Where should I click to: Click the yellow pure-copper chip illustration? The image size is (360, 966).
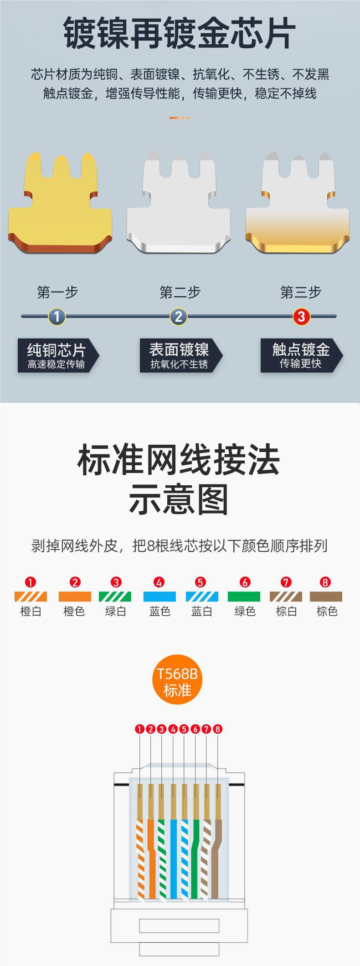click(x=60, y=205)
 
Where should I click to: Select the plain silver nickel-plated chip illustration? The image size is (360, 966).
click(x=179, y=205)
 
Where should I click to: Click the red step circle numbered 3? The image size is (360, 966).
click(x=301, y=316)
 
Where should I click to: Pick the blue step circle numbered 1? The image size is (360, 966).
click(x=57, y=316)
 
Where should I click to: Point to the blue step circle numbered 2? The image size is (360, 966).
click(x=179, y=316)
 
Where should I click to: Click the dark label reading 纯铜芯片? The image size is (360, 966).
click(x=57, y=355)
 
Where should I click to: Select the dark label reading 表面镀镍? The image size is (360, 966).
click(x=180, y=355)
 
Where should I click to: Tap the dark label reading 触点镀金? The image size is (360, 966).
click(x=301, y=355)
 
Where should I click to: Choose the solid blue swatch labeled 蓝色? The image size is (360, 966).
click(x=159, y=596)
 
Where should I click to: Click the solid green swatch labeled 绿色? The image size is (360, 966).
click(x=244, y=596)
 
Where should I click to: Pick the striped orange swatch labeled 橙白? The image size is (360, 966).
click(x=31, y=596)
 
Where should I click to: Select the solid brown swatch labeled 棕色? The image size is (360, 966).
click(x=326, y=596)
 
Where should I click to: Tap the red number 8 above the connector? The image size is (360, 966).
click(x=217, y=729)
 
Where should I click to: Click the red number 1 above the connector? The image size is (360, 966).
click(x=139, y=729)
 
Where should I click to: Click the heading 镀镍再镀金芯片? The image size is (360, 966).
click(x=180, y=33)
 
